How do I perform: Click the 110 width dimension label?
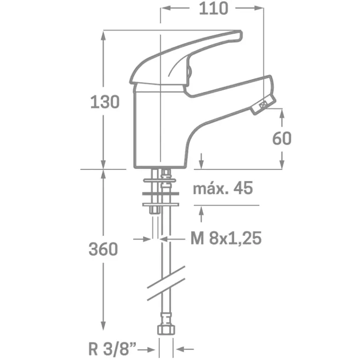[214, 9]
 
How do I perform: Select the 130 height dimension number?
[105, 102]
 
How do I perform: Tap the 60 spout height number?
[282, 138]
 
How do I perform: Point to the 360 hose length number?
[103, 249]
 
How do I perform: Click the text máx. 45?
[223, 188]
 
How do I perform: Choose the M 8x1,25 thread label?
[226, 238]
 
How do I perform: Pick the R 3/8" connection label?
[112, 349]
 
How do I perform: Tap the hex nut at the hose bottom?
[166, 330]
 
